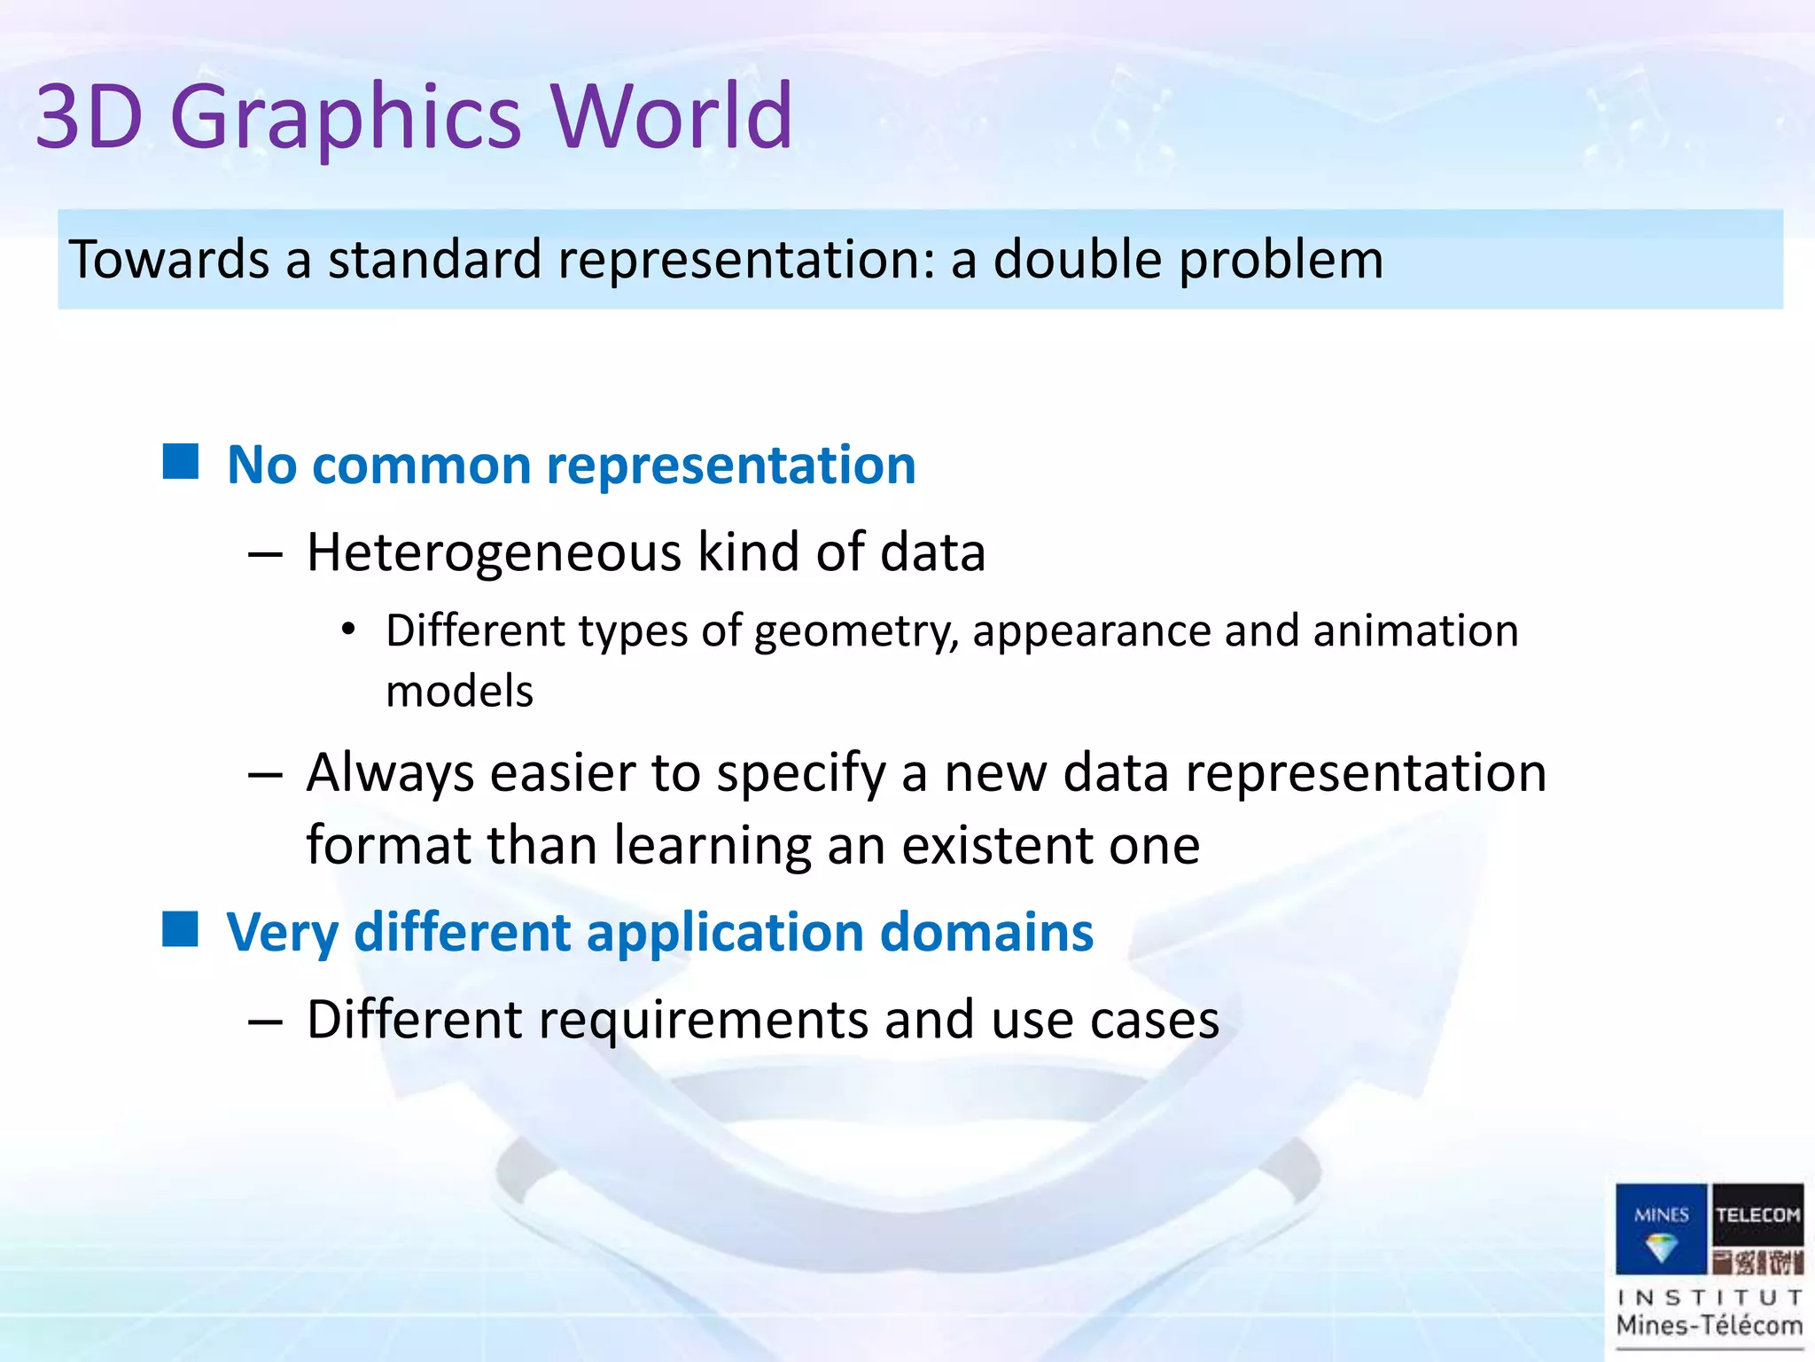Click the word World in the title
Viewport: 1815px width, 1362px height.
(671, 116)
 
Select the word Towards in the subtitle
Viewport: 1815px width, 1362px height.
(169, 260)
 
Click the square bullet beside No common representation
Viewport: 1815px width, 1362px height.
(181, 461)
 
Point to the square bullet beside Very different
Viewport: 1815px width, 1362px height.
(181, 929)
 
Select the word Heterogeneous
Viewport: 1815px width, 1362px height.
(494, 552)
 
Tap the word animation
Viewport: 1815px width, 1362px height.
(1415, 631)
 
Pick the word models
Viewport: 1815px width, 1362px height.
(459, 692)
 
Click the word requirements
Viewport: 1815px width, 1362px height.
(704, 1021)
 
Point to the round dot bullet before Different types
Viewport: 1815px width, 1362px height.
(349, 630)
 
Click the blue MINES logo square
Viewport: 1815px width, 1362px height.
(1661, 1228)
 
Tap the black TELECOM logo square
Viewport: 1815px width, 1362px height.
(1757, 1228)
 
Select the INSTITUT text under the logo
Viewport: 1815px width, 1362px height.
(1710, 1297)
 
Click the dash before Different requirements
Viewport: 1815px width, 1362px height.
(265, 1021)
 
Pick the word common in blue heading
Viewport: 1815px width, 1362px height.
(421, 465)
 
